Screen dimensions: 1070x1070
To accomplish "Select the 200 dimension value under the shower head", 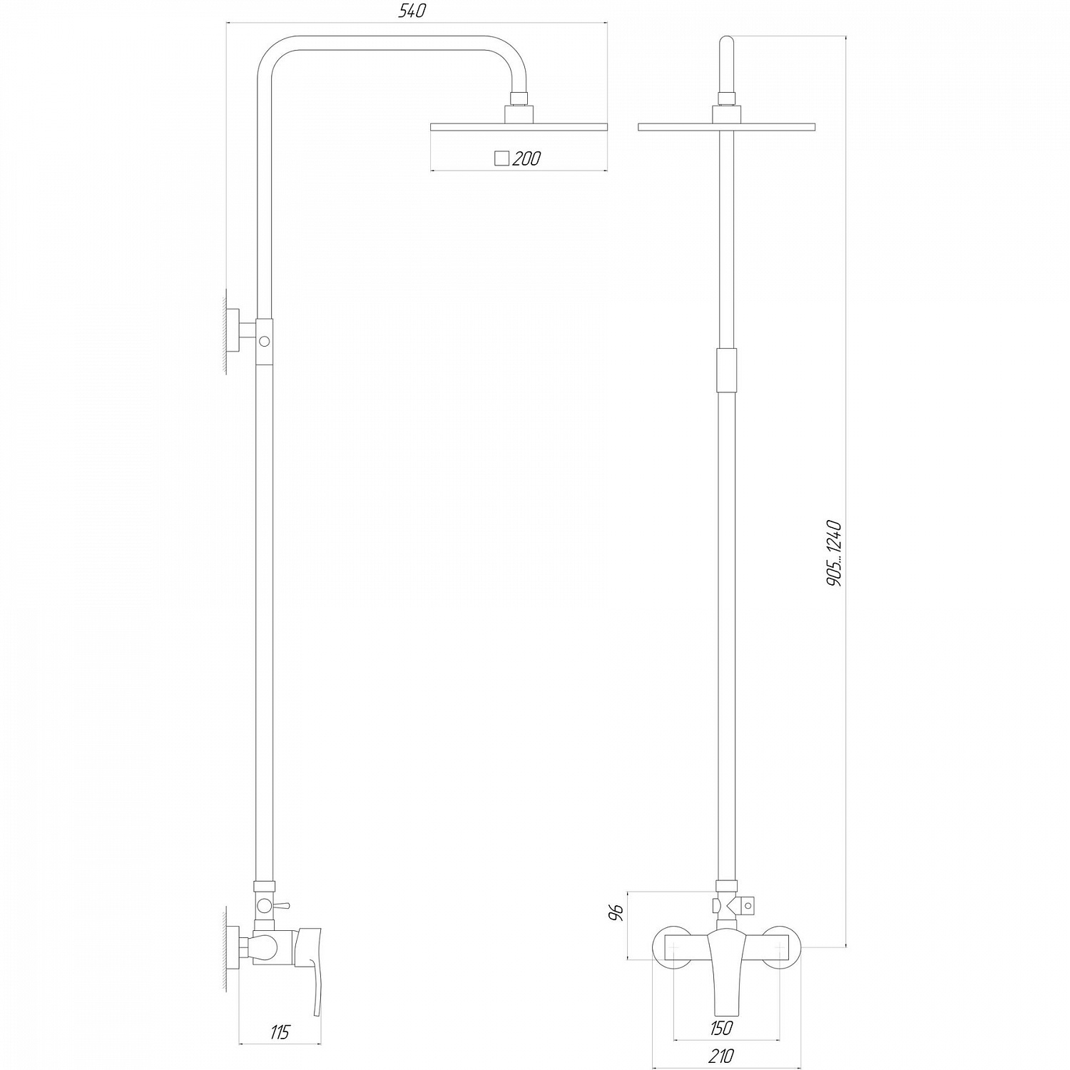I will point(526,158).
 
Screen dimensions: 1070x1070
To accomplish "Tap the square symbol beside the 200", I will point(501,158).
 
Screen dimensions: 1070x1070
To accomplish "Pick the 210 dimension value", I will point(721,1056).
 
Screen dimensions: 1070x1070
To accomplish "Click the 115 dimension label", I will point(280,1031).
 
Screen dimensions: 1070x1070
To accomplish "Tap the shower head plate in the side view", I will point(519,127).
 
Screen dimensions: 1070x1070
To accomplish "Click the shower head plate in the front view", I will point(726,128).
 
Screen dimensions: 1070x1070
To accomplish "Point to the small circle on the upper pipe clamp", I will point(265,342).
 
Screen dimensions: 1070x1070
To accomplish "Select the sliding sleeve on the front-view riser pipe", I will point(725,370).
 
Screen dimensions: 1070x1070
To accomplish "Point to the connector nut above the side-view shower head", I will point(519,100).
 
